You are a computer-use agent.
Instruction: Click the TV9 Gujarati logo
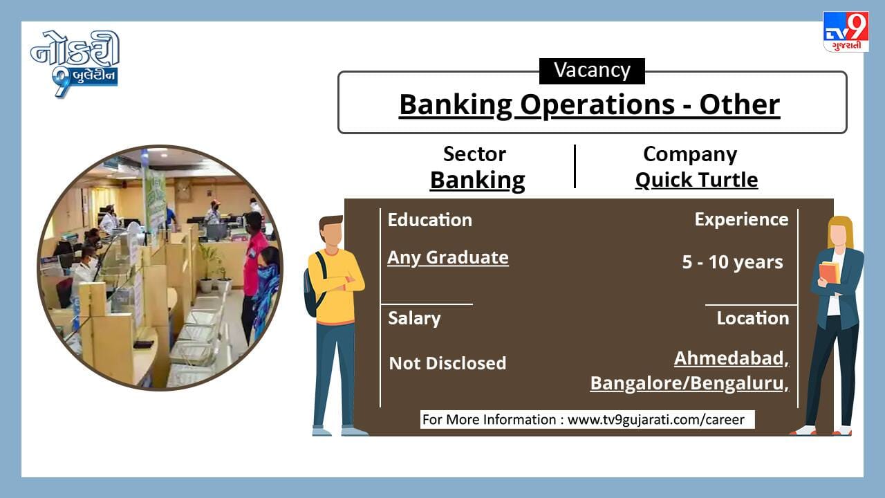coord(846,31)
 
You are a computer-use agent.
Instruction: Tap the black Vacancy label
coord(592,71)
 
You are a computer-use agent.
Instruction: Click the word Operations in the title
coord(597,105)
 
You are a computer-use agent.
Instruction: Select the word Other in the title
coord(740,104)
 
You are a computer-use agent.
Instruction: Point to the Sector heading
coord(474,154)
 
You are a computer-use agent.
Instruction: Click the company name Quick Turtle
coord(696,181)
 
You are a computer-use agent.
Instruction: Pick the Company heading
coord(690,155)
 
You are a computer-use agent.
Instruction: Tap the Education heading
coord(430,220)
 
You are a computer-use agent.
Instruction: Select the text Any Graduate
coord(447,258)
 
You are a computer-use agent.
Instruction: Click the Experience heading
coord(741,220)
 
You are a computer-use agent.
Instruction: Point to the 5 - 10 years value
coord(732,262)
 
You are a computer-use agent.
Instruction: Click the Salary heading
coord(414,319)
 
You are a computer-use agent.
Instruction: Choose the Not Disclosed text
coord(447,363)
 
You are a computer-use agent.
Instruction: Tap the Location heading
coord(753,319)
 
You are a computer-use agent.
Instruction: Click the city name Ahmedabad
coord(729,358)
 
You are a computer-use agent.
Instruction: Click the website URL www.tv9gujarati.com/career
coord(656,420)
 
